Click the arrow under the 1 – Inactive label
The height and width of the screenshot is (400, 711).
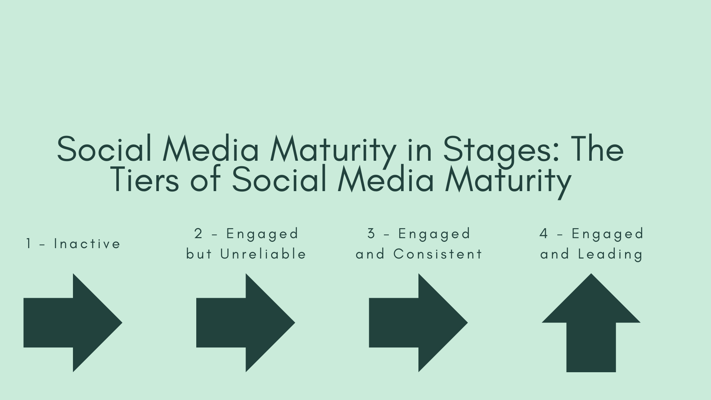[73, 323]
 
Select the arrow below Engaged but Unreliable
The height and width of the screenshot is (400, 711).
[246, 323]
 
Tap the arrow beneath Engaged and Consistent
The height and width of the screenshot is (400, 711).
[418, 323]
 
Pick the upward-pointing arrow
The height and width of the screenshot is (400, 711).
[591, 323]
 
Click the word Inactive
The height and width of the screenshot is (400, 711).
[87, 244]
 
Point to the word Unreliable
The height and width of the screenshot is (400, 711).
[263, 254]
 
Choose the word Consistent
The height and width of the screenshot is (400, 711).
[438, 254]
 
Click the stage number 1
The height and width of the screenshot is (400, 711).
[29, 244]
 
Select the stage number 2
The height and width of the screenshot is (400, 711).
[198, 234]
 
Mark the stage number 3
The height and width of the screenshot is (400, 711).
[371, 234]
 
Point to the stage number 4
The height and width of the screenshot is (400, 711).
[544, 234]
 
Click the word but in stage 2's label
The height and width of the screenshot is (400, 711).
[199, 254]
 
